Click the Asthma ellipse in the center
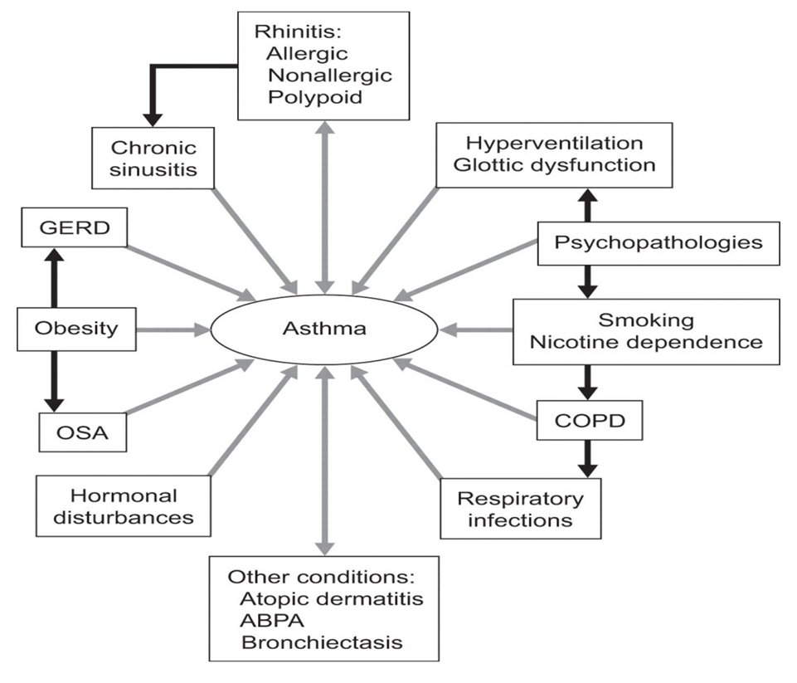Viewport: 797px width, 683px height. tap(323, 329)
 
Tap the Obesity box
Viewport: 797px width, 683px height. tap(76, 329)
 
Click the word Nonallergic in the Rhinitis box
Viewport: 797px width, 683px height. tap(328, 76)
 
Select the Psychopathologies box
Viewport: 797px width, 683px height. tap(658, 242)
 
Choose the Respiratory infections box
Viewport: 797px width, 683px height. tap(520, 510)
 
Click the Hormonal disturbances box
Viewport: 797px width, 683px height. tap(124, 506)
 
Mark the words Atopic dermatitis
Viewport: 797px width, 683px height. tap(320, 598)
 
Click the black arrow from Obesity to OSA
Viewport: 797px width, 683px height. tap(54, 379)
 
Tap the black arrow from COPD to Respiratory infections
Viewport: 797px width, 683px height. tap(590, 457)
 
